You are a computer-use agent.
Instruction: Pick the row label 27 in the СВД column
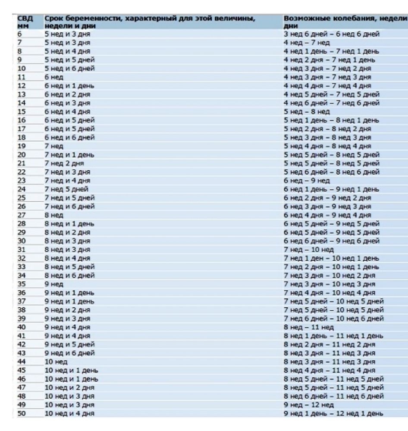[x=22, y=215]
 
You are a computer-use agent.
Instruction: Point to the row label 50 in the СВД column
[x=22, y=413]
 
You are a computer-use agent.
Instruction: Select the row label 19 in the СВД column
[x=22, y=146]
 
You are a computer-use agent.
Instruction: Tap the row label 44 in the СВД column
[x=22, y=362]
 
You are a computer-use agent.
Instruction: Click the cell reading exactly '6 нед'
[x=54, y=77]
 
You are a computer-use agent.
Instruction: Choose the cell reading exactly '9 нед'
[x=54, y=284]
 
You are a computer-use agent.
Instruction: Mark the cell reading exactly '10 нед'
[x=56, y=362]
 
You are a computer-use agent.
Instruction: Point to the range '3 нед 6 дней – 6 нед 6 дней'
[x=331, y=34]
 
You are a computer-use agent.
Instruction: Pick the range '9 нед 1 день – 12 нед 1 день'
[x=333, y=413]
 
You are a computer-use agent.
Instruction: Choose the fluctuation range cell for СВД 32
[x=331, y=258]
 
